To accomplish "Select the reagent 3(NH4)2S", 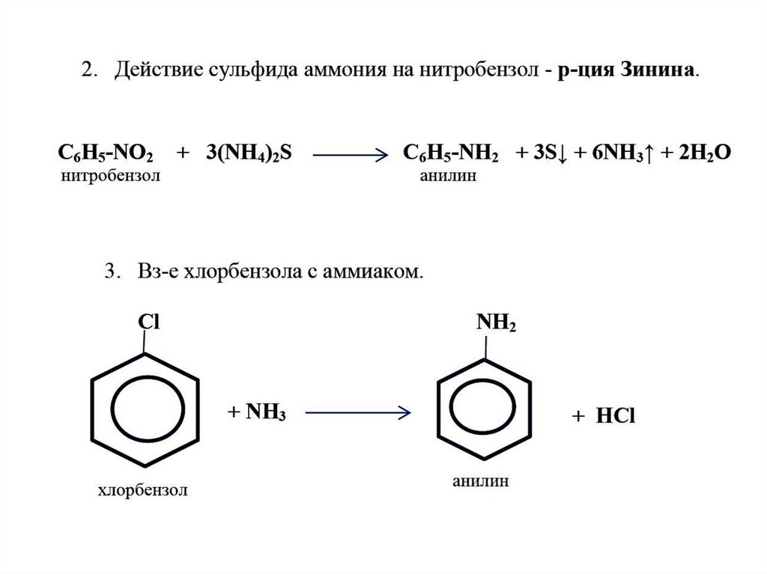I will coord(246,153).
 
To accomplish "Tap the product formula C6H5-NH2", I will coord(450,153).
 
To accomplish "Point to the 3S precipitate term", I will coord(548,153).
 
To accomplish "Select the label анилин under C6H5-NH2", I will coord(447,177).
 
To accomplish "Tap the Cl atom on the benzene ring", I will coord(148,321).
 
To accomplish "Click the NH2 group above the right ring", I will coord(496,322).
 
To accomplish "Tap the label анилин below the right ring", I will coord(480,480).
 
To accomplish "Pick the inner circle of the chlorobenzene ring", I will coord(145,409).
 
